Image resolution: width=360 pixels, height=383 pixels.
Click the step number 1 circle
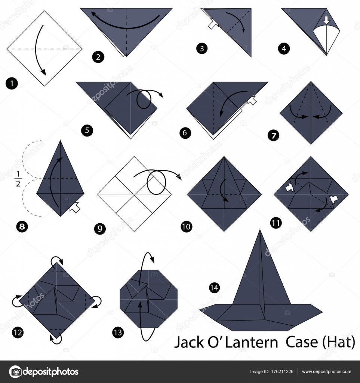coord(12,84)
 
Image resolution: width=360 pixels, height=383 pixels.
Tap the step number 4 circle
coord(284,48)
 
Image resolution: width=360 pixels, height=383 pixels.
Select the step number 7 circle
coord(273,135)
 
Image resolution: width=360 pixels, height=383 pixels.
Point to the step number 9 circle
coord(100,229)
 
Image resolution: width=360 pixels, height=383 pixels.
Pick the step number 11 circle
coord(276,223)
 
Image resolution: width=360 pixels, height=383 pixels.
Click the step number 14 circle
coord(214,288)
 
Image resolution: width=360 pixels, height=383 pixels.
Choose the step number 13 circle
coord(118,333)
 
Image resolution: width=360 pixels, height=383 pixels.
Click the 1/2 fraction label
coord(18,179)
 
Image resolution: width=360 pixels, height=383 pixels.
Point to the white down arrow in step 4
coord(326,21)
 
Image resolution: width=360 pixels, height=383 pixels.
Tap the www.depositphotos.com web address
coord(327,372)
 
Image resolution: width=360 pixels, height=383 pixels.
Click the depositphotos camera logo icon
coord(16,372)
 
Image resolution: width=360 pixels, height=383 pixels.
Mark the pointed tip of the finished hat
coord(260,229)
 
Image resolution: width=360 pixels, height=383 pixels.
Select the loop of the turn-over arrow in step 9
coord(156,182)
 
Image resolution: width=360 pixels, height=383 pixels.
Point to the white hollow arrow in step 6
coord(252,100)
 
